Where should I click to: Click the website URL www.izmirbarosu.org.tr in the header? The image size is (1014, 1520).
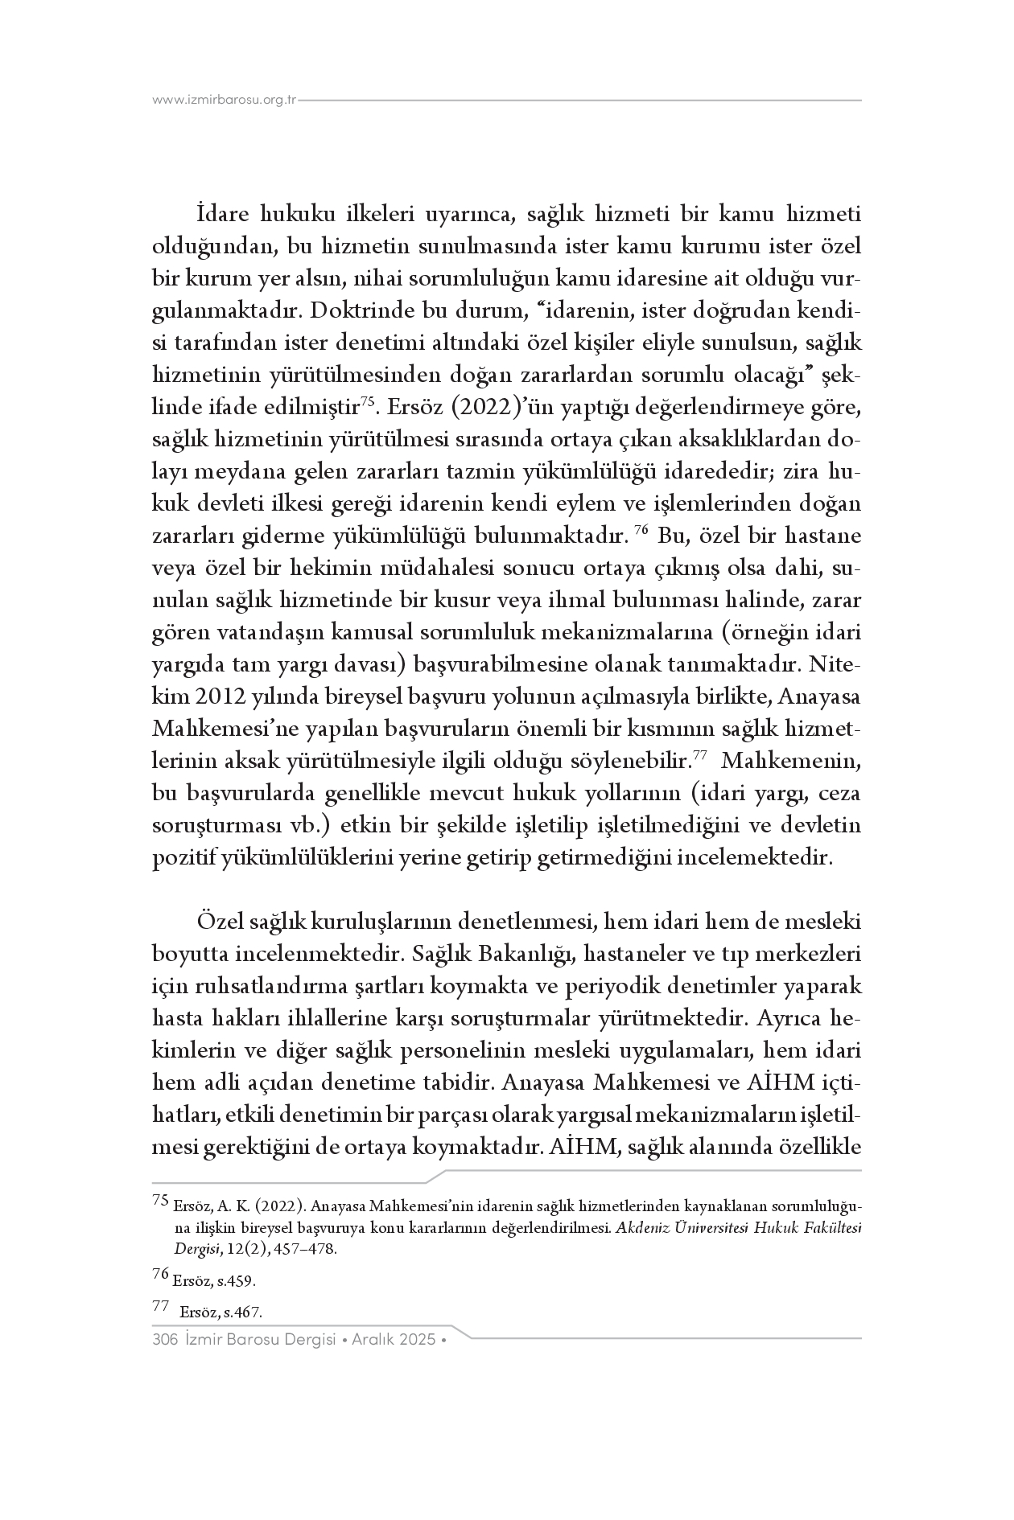click(225, 100)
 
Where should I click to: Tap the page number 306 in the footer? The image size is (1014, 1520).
click(164, 1340)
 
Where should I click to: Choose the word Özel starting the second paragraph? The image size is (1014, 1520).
click(221, 921)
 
